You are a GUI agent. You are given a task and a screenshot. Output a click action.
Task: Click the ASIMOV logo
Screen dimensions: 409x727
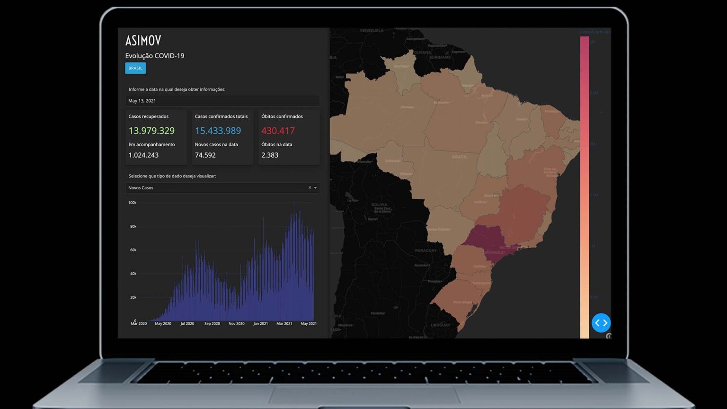[x=143, y=40]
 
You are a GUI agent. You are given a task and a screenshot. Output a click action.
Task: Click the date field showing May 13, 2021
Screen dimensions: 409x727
[x=222, y=101]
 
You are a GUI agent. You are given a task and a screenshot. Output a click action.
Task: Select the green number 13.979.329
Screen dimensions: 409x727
[x=151, y=131]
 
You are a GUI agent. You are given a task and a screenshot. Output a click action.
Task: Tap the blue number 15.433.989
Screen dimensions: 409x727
[x=218, y=131]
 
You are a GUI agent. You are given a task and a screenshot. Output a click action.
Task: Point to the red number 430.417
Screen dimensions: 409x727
[x=278, y=131]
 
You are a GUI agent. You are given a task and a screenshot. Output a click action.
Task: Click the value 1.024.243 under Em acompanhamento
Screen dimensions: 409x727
[x=143, y=155]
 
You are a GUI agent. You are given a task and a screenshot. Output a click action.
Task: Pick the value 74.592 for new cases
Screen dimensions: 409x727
[x=205, y=155]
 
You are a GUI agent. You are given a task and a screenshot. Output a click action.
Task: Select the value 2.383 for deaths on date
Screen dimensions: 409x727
[x=270, y=155]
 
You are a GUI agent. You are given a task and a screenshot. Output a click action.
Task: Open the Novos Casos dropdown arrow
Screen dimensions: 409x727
[x=316, y=188]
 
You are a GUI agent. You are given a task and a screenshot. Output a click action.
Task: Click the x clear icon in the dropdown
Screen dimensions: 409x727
[x=310, y=187]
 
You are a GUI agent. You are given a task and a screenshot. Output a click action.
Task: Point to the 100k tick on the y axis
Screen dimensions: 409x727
[x=133, y=203]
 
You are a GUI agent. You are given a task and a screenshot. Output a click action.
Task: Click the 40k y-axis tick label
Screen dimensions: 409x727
[x=133, y=274]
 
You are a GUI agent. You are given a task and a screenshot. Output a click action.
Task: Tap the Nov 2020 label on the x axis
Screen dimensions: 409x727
[x=236, y=324]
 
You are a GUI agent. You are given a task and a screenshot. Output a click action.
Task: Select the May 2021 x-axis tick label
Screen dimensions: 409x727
[x=309, y=324]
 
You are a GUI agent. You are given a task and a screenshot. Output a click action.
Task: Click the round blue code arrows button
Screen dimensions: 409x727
[x=601, y=323]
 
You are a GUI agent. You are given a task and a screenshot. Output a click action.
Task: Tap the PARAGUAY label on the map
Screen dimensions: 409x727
[x=426, y=250]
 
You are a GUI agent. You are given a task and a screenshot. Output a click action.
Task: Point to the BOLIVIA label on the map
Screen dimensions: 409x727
[x=380, y=204]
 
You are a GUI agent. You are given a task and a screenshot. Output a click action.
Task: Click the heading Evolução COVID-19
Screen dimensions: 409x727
[x=155, y=56]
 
